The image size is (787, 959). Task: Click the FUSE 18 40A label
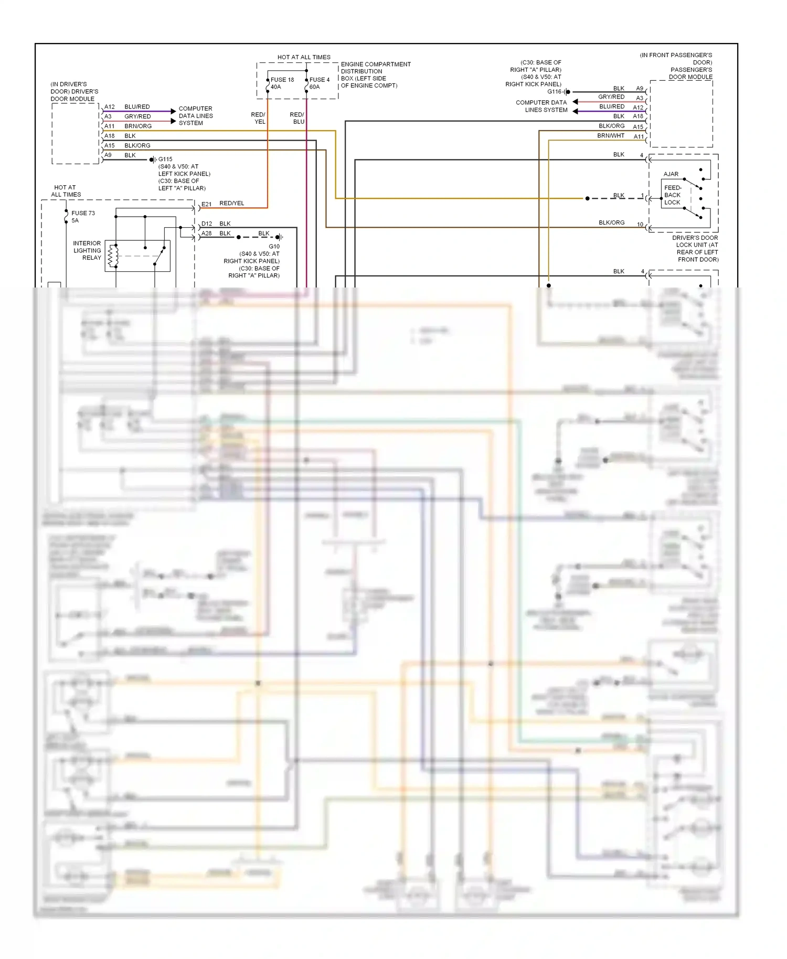point(282,83)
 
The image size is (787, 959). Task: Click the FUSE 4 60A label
point(319,83)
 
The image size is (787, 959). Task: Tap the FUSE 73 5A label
point(82,217)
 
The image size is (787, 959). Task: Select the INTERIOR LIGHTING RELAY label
point(87,250)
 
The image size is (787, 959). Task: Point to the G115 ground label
point(165,159)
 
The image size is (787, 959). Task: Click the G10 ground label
point(274,246)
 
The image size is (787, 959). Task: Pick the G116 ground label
point(554,92)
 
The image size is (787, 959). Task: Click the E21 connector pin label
point(206,204)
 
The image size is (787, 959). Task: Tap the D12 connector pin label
point(207,223)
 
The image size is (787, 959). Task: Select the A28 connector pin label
point(207,233)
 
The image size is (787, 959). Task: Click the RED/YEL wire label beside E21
point(231,203)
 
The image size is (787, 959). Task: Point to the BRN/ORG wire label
point(137,126)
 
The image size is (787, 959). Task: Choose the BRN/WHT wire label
point(611,135)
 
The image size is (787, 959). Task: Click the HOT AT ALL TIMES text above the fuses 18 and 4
point(304,57)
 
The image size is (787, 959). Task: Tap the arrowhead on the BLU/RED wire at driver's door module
point(173,111)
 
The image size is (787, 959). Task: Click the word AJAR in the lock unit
point(671,174)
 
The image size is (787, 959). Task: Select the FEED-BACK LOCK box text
point(672,195)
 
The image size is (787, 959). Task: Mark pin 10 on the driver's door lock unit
point(640,225)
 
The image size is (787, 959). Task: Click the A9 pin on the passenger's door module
point(640,89)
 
